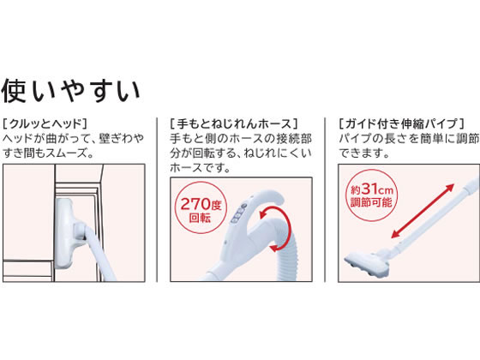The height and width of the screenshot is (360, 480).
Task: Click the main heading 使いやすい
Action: pyautogui.click(x=70, y=91)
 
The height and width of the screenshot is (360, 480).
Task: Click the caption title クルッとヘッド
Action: pyautogui.click(x=45, y=124)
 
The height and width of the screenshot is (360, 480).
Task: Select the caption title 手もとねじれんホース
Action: pyautogui.click(x=234, y=124)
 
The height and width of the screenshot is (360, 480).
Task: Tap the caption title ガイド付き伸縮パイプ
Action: pyautogui.click(x=401, y=124)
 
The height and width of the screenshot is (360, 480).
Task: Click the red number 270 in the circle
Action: pyautogui.click(x=195, y=204)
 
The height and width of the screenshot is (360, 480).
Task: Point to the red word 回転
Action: pyautogui.click(x=200, y=219)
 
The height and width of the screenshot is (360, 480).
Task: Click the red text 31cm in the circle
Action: pyautogui.click(x=377, y=189)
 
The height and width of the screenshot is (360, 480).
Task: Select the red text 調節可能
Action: pyautogui.click(x=371, y=202)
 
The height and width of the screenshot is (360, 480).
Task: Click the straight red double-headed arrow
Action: pyautogui.click(x=423, y=211)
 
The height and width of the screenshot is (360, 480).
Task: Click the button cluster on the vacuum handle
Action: pyautogui.click(x=238, y=213)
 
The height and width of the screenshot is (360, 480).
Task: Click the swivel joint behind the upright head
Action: pyautogui.click(x=81, y=231)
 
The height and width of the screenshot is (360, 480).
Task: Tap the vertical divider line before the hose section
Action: pyautogui.click(x=157, y=200)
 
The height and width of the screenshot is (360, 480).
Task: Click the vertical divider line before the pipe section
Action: pyautogui.click(x=325, y=200)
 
